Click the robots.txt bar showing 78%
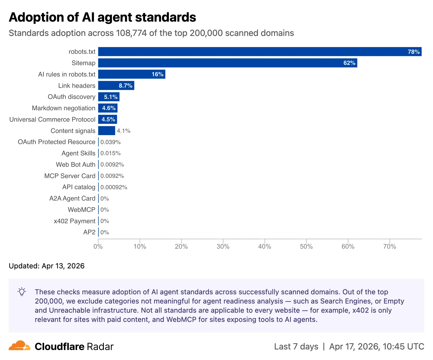260,52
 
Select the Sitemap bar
227,63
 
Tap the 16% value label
158,74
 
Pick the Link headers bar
116,86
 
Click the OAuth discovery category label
71,97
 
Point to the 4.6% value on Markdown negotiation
109,108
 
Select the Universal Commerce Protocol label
52,119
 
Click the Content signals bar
106,131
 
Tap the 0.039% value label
110,142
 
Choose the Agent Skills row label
78,153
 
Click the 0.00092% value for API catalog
114,187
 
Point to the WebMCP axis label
81,210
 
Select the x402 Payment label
74,221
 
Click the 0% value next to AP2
105,232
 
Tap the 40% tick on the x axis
264,246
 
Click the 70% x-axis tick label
389,246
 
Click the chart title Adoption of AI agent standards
102,17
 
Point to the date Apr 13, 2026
63,266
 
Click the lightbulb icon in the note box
22,292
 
